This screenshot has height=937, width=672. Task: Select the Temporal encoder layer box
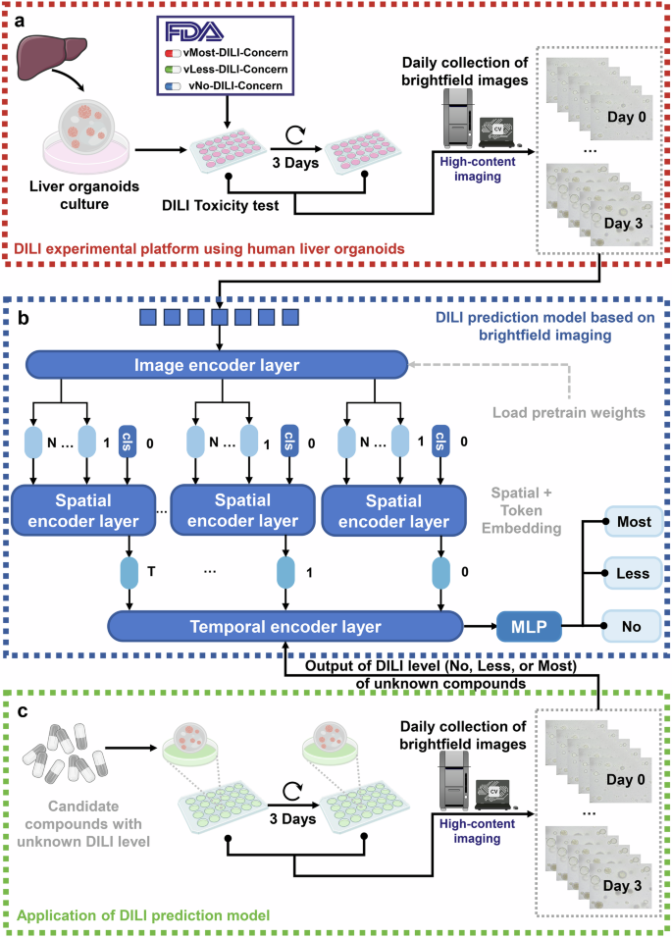[284, 625]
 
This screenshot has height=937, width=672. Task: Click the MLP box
[526, 625]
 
